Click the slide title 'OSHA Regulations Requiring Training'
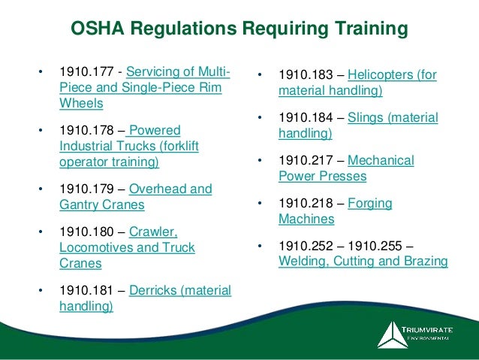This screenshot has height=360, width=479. coord(239,29)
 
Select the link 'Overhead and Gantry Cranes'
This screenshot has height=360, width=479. coord(135,196)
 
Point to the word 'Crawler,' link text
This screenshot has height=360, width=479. coord(153,232)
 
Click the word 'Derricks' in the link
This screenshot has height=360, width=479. coord(154,291)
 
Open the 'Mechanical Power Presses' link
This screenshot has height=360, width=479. coord(345,169)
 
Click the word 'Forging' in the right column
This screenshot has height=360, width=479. coord(369,204)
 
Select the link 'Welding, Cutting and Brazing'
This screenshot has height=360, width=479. coord(363,262)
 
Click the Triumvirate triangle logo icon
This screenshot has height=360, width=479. coord(391,334)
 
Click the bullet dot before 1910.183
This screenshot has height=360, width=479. coord(259,76)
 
